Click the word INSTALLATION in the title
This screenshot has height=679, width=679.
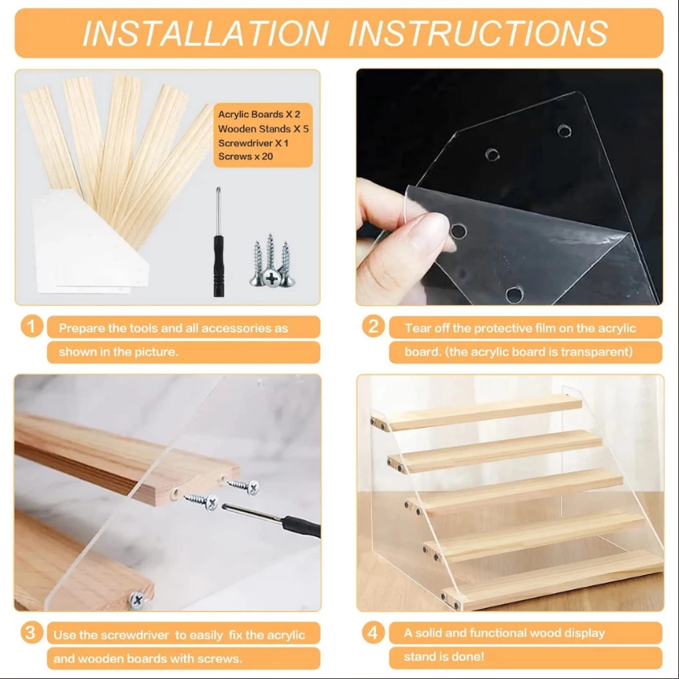(205, 33)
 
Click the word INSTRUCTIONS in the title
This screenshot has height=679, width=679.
(478, 33)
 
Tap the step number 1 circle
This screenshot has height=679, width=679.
(31, 326)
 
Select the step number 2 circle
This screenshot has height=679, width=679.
(373, 326)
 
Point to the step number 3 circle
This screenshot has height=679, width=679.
(31, 633)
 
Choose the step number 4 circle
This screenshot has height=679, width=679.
(373, 633)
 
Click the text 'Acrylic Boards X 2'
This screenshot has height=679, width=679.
(259, 115)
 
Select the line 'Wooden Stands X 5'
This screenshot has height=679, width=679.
(263, 128)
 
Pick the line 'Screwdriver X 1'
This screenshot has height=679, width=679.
(254, 143)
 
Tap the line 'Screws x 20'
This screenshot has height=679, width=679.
(245, 157)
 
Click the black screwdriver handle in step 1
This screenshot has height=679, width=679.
(219, 266)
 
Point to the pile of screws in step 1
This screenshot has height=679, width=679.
(271, 261)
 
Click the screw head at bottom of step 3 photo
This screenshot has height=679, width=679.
(137, 600)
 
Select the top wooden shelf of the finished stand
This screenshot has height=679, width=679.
(476, 413)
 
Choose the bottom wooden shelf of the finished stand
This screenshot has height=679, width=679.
(553, 580)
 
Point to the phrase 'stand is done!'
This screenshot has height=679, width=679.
(444, 656)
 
